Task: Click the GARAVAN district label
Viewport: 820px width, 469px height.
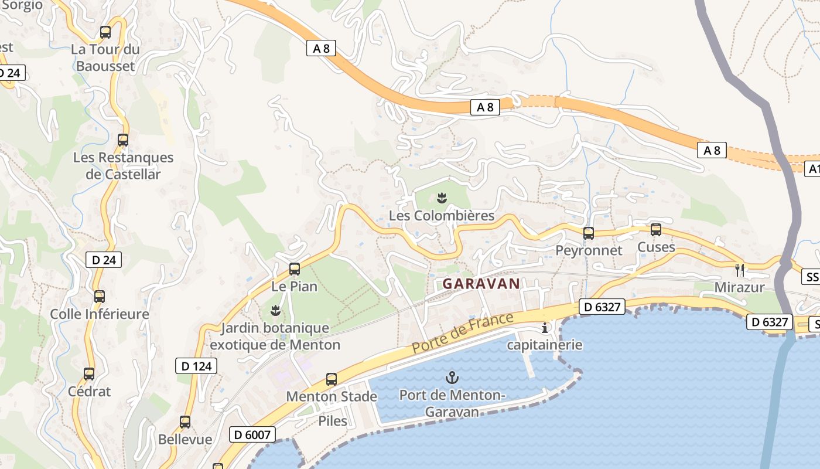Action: click(481, 284)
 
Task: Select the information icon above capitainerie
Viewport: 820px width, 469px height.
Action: click(545, 328)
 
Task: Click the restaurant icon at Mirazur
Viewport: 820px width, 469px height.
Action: click(740, 270)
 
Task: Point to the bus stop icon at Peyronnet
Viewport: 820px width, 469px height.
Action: click(589, 233)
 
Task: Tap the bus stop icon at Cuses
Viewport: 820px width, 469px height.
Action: click(656, 230)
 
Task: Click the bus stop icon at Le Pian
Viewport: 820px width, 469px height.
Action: click(295, 269)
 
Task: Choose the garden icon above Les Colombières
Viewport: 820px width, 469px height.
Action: click(442, 198)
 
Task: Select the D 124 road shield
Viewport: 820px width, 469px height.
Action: click(196, 366)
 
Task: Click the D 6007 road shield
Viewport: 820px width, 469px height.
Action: click(252, 434)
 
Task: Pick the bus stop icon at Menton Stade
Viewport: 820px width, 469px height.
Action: click(332, 379)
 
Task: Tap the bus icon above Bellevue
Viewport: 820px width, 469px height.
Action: click(185, 422)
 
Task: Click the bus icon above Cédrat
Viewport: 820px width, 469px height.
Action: click(89, 373)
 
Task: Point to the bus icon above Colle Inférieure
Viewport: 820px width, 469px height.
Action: click(100, 296)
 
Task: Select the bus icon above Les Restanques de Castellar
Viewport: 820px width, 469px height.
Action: click(123, 140)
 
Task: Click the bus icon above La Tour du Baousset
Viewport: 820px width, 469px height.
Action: click(105, 32)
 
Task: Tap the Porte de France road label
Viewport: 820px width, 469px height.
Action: click(463, 333)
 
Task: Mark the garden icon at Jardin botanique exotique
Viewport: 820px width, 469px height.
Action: click(275, 309)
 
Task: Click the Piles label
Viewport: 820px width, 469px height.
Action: click(333, 421)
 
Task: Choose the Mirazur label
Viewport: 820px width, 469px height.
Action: click(740, 287)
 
